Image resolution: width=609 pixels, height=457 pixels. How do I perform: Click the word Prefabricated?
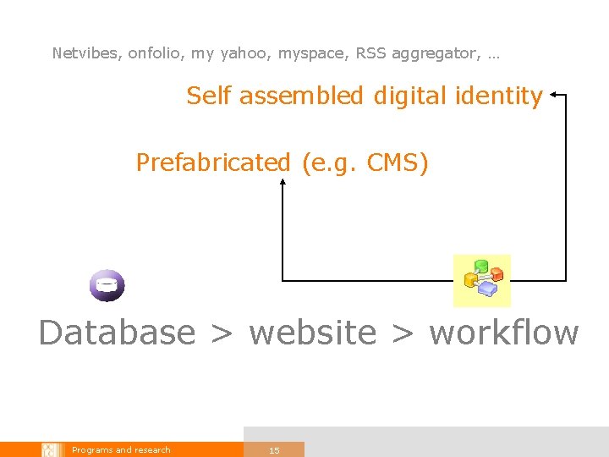[x=212, y=162]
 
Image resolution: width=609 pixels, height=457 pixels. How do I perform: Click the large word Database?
[x=117, y=333]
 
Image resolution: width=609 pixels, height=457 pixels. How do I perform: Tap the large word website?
[x=312, y=333]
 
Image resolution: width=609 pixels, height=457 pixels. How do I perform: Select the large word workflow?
[x=504, y=333]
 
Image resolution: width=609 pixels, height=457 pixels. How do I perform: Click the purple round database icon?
[x=107, y=285]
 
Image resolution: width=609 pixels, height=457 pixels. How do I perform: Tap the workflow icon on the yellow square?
[x=483, y=280]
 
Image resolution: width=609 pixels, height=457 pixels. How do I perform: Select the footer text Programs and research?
[x=121, y=450]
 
